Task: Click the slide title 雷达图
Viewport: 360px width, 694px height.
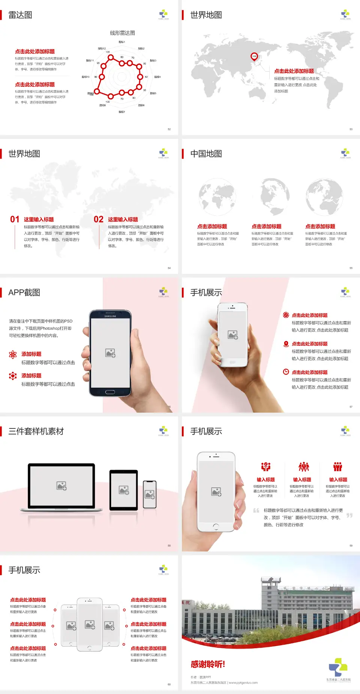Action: (x=20, y=15)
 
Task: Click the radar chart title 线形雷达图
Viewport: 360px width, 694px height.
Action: (x=122, y=33)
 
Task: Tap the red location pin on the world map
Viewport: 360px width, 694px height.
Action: (x=254, y=57)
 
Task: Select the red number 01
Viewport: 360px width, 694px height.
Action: (x=15, y=219)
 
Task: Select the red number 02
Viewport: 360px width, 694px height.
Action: (x=99, y=219)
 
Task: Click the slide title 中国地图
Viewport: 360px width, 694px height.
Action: (x=206, y=154)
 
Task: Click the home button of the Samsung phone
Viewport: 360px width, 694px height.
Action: (x=110, y=392)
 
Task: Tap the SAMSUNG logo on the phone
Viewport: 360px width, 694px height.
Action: (x=110, y=316)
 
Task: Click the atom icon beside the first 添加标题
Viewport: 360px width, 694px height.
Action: (x=13, y=355)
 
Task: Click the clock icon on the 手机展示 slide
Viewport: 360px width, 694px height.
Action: (x=286, y=372)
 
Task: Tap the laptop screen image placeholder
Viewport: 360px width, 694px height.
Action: (x=61, y=486)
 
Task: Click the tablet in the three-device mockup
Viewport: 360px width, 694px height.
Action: (x=124, y=490)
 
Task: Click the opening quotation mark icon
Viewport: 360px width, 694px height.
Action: (x=256, y=511)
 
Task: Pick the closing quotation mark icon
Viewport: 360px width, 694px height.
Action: (x=349, y=515)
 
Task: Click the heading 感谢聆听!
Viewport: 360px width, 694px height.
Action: (x=208, y=664)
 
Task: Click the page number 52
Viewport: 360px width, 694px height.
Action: (x=169, y=129)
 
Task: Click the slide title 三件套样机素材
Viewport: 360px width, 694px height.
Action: (x=36, y=431)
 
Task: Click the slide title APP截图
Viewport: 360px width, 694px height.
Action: (x=24, y=293)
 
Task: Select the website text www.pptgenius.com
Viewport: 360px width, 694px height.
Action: (x=243, y=683)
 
